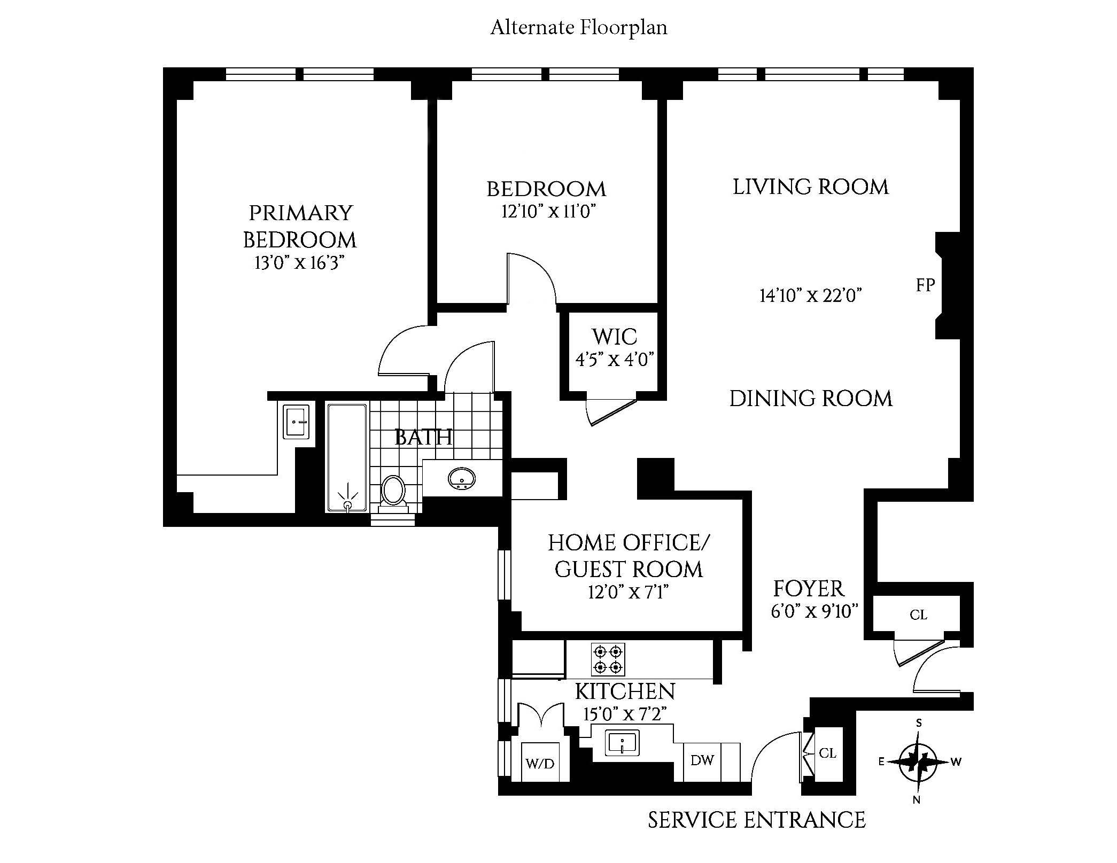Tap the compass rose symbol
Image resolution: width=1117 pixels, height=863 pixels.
918,761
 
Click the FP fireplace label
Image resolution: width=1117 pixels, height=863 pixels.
925,285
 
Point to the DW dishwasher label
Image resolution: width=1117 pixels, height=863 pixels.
702,760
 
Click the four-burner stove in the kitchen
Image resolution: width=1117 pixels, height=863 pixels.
608,659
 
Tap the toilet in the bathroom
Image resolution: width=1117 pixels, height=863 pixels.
393,491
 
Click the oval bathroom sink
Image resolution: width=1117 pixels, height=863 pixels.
461,478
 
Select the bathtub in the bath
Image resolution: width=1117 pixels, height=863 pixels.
347,458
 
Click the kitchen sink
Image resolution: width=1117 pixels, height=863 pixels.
622,743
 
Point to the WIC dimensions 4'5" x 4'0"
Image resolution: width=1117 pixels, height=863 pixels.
615,360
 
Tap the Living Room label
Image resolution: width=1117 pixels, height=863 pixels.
810,187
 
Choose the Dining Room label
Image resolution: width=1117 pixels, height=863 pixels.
811,399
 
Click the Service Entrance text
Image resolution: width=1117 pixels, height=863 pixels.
756,820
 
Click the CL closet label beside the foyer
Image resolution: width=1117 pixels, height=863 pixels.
918,615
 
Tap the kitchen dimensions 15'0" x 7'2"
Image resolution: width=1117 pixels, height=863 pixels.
625,714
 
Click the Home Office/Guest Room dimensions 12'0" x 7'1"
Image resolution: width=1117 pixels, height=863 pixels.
628,592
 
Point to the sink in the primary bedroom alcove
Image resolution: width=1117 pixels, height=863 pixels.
296,422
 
